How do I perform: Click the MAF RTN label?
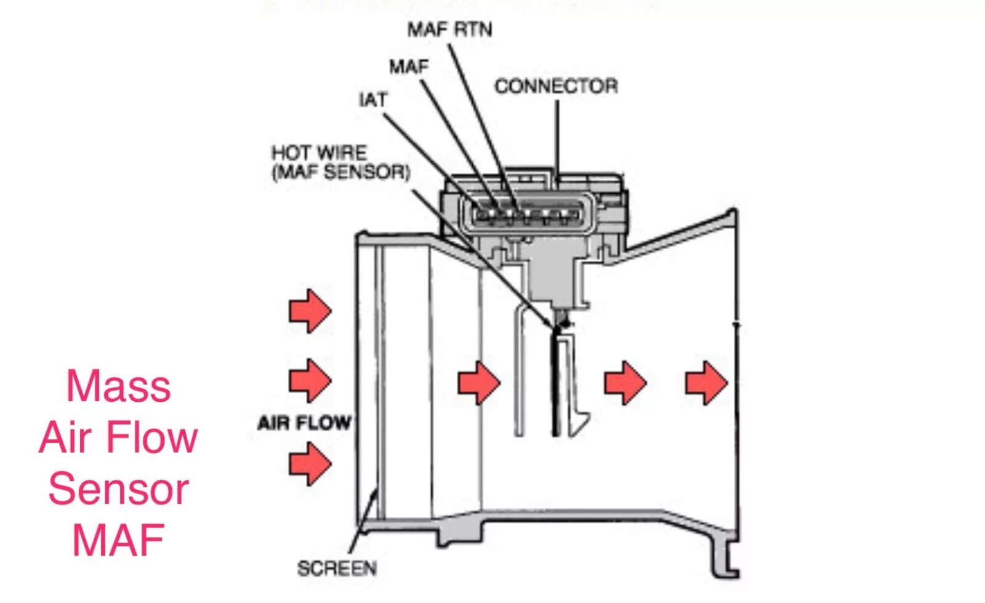[450, 29]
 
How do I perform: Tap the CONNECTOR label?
[556, 86]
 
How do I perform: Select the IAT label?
[373, 100]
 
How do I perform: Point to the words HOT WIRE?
[319, 152]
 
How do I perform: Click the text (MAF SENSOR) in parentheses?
[341, 172]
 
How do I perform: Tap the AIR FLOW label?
[304, 423]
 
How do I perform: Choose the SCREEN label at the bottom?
[337, 568]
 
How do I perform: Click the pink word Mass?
[118, 386]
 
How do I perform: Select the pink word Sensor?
[118, 489]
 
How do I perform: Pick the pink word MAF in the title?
[118, 540]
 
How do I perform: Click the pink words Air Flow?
[118, 437]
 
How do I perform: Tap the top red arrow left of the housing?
[310, 311]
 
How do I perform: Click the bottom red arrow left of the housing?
[310, 463]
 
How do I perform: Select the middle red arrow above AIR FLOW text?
[310, 380]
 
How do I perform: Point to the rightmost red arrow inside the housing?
[706, 382]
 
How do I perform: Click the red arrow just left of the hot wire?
[479, 382]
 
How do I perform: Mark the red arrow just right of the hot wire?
[625, 382]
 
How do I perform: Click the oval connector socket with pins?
[529, 214]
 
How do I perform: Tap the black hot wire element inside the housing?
[556, 381]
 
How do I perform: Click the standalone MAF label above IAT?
[409, 66]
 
